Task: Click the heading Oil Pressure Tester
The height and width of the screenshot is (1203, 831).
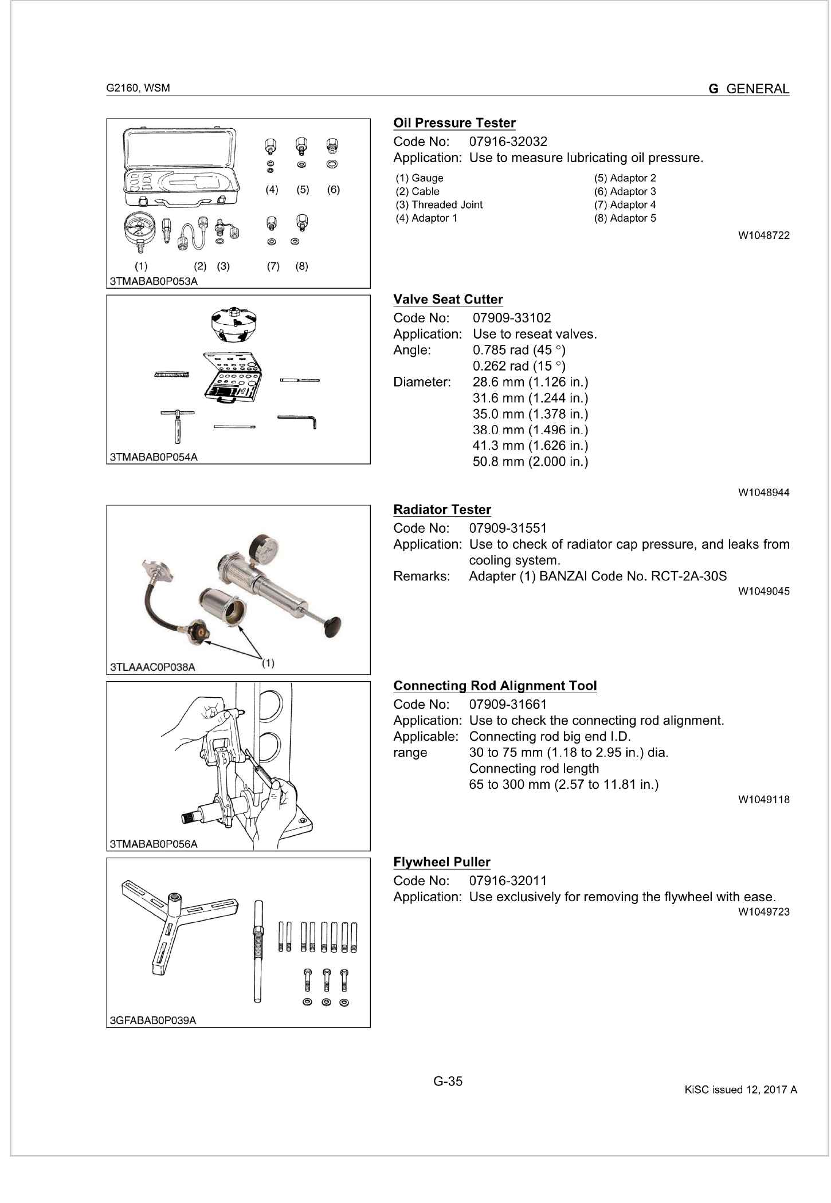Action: point(454,123)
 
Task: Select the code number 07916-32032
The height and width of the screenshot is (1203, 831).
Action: point(508,141)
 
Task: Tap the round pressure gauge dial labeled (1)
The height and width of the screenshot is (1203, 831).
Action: point(138,229)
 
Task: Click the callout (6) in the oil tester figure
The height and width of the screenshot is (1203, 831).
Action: point(334,190)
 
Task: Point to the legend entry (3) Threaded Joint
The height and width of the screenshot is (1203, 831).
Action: point(439,205)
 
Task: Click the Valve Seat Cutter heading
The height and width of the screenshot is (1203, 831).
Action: point(448,300)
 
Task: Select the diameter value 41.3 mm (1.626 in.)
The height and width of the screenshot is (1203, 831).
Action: point(530,446)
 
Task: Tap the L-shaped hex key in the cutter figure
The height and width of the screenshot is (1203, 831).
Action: point(298,420)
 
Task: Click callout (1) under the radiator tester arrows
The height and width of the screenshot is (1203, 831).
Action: point(268,663)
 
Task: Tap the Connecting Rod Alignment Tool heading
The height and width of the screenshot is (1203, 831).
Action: point(495,686)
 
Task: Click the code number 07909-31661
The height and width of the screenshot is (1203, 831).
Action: point(508,705)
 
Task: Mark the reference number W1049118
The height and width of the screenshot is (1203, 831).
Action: point(763,800)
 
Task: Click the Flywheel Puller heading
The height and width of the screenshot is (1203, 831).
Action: point(441,863)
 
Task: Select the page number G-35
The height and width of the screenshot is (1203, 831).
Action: point(448,1082)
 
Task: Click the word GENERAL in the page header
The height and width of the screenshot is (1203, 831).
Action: point(757,89)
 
